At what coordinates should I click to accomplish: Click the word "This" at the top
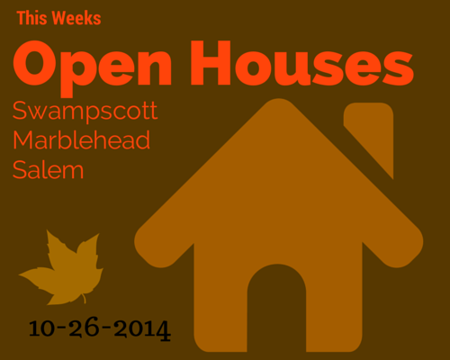[x=31, y=18]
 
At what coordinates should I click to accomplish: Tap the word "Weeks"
[x=76, y=18]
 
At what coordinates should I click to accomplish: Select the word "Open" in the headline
[x=93, y=68]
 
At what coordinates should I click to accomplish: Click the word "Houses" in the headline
[x=302, y=63]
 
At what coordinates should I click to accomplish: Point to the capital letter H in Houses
[x=211, y=63]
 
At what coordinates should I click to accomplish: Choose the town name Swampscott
[x=85, y=112]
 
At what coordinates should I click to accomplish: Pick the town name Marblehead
[x=81, y=139]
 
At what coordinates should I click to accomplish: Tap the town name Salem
[x=48, y=169]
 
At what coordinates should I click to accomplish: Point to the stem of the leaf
[x=84, y=299]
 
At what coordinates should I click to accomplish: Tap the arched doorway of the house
[x=276, y=306]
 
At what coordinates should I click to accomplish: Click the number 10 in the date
[x=42, y=328]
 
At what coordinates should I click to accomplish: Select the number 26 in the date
[x=84, y=327]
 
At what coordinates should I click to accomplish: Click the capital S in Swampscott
[x=20, y=111]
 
